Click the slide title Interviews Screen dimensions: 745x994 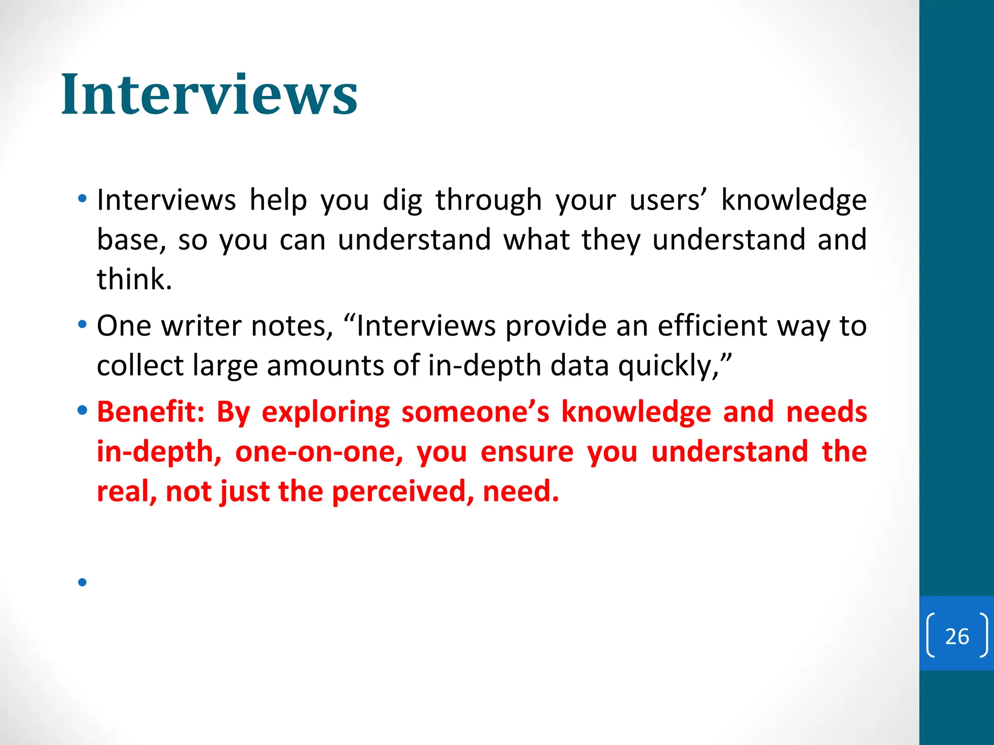[209, 95]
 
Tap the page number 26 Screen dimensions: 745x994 [957, 636]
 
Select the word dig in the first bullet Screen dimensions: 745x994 [402, 201]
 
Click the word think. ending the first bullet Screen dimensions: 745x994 [134, 279]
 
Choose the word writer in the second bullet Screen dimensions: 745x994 [201, 326]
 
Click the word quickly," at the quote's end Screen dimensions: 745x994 [675, 366]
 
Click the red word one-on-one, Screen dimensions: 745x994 [319, 452]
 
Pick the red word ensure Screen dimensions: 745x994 [527, 452]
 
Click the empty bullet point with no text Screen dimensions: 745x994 [82, 582]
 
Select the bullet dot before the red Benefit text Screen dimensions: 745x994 [82, 411]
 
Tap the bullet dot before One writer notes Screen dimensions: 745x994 [82, 324]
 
